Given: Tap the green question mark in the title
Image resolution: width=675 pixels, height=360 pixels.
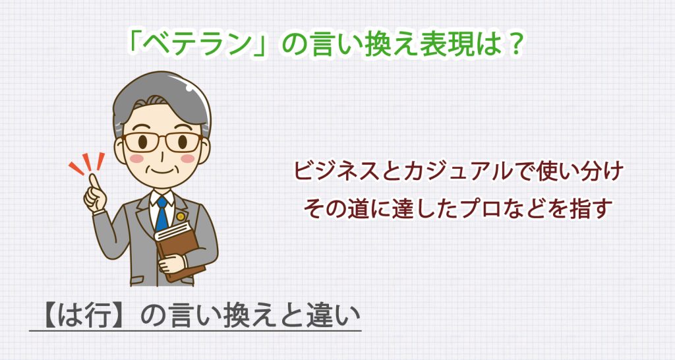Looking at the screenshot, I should pyautogui.click(x=515, y=45).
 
